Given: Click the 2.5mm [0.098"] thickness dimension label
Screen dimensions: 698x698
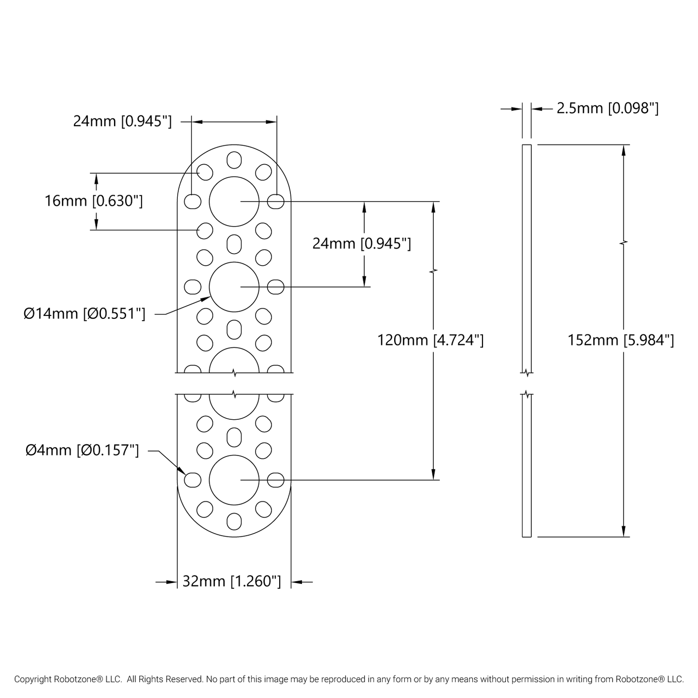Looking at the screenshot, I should [x=607, y=108].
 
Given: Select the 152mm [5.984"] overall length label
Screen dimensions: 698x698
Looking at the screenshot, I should [x=621, y=340].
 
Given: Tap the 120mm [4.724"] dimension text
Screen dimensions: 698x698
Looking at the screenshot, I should [x=430, y=340].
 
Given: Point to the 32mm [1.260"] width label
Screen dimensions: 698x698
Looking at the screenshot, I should [x=231, y=581].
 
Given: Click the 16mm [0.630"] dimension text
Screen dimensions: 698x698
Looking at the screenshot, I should [x=94, y=200].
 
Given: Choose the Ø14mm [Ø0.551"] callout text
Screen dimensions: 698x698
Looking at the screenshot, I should [x=85, y=314].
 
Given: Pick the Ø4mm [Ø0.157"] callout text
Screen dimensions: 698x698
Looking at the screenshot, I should [x=82, y=451].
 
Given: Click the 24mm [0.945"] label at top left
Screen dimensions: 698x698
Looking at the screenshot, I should [x=122, y=121].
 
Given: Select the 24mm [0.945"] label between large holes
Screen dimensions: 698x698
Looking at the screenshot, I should [x=361, y=243].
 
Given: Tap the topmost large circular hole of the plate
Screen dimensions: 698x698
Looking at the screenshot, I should [x=234, y=201].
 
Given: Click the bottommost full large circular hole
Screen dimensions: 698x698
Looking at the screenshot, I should [x=234, y=480].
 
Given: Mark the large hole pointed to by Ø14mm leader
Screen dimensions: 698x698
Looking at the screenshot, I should [x=234, y=287].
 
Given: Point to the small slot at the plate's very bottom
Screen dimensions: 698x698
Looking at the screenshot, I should [x=234, y=521].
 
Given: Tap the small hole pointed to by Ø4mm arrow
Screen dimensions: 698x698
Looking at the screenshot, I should [x=193, y=480].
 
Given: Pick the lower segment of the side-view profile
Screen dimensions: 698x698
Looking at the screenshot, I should [x=527, y=466].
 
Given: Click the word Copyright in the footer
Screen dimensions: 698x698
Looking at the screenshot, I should [x=33, y=679].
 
